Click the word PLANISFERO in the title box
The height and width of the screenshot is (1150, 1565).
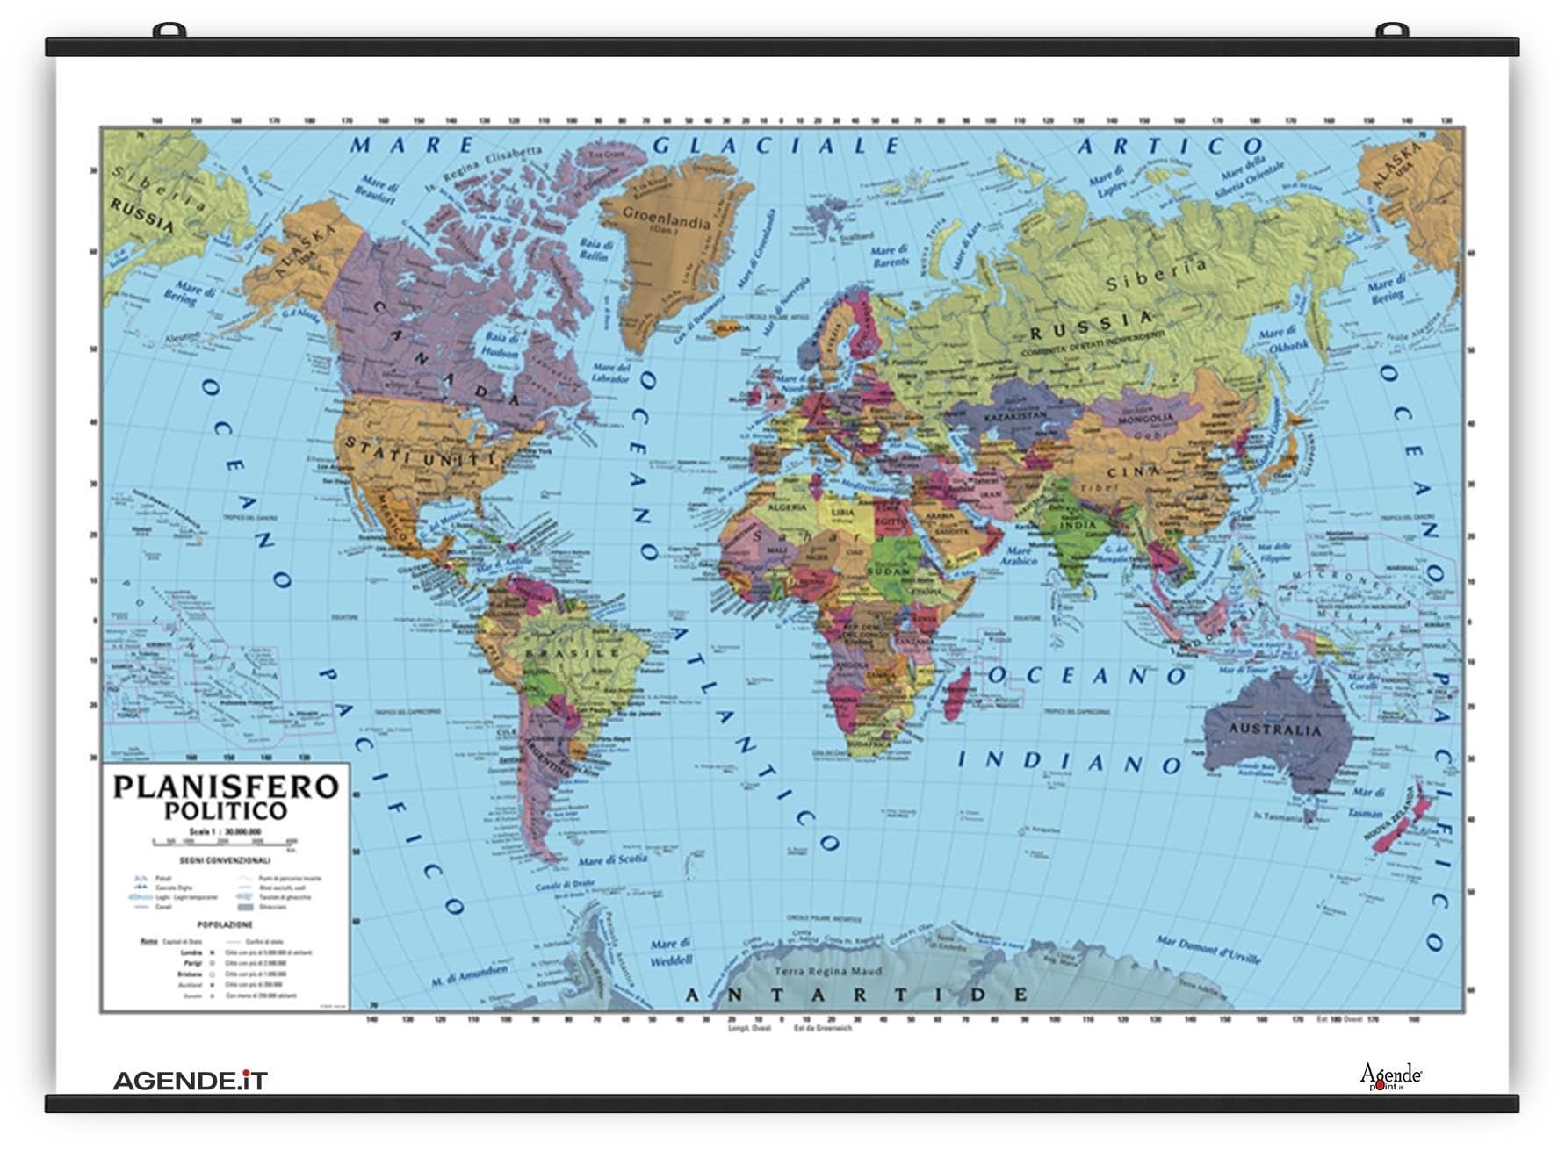[x=226, y=786]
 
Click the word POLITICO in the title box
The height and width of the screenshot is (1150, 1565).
[x=226, y=810]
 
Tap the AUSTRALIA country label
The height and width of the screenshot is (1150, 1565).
[x=1273, y=730]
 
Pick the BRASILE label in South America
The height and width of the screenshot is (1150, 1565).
[x=573, y=653]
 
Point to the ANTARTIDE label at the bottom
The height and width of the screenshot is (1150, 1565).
[x=856, y=995]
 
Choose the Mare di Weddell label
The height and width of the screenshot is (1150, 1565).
[x=671, y=952]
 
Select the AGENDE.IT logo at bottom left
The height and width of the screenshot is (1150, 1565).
[x=190, y=1080]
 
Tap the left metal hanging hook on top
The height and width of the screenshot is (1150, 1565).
[x=169, y=32]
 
